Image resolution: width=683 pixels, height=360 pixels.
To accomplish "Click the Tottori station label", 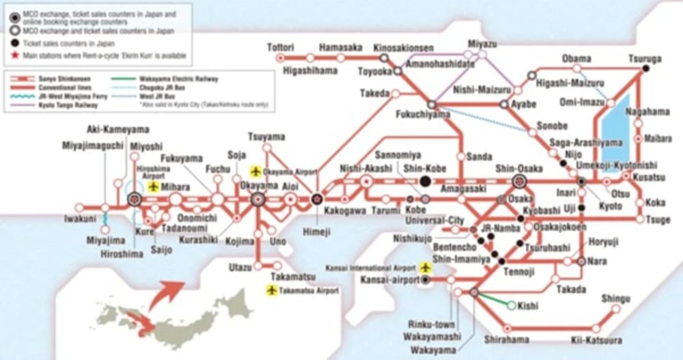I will [x=280, y=46].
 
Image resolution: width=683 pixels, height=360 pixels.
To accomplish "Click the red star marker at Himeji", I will [x=317, y=199].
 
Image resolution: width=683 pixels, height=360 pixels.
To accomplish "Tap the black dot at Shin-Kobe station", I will [x=426, y=182].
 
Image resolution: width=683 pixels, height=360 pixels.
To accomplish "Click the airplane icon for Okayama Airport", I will [x=256, y=170].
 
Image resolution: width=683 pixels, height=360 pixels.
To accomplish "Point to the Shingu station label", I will [x=616, y=299].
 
